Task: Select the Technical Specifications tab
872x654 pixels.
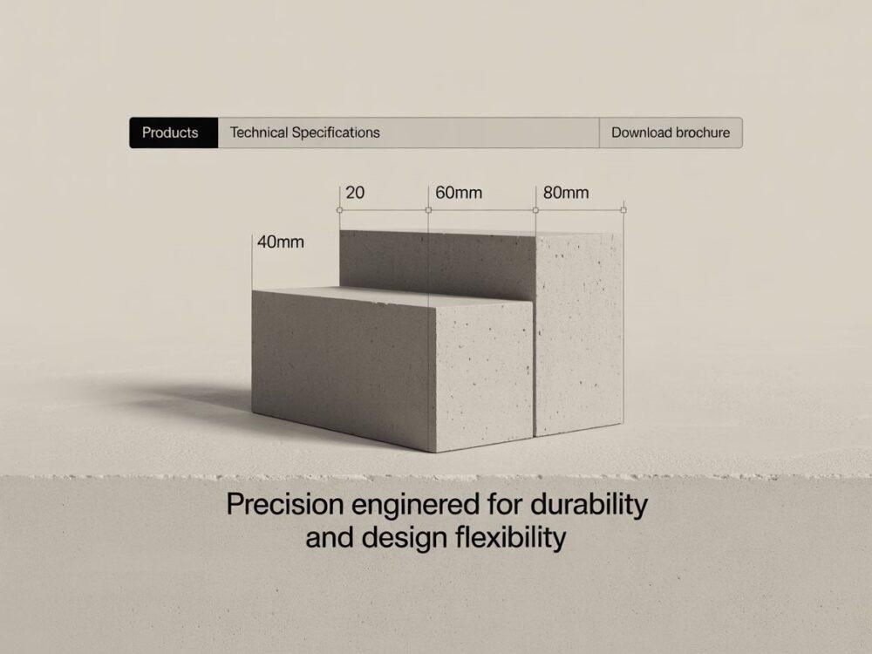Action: pyautogui.click(x=304, y=133)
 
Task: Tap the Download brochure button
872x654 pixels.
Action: pyautogui.click(x=671, y=133)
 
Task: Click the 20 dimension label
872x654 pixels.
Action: pyautogui.click(x=355, y=193)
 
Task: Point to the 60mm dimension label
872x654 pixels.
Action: pyautogui.click(x=459, y=193)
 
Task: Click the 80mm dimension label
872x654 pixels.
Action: pyautogui.click(x=566, y=193)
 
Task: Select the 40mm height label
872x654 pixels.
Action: pyautogui.click(x=280, y=242)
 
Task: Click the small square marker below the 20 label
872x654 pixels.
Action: pyautogui.click(x=339, y=210)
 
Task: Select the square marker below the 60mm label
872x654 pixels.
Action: pyautogui.click(x=428, y=210)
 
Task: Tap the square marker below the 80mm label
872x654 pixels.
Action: pyautogui.click(x=535, y=210)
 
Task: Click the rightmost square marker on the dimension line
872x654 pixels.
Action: pyautogui.click(x=623, y=210)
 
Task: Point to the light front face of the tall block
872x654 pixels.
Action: pyautogui.click(x=578, y=334)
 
